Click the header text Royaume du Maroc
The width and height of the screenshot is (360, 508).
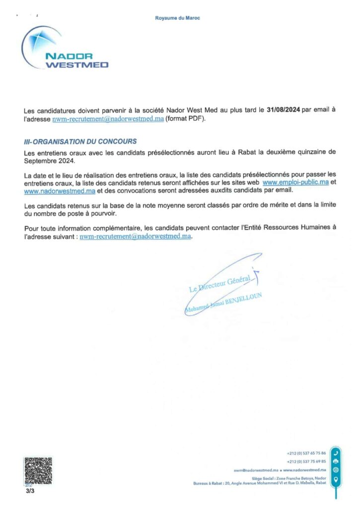click(x=178, y=18)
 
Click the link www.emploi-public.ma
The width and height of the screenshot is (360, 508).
click(x=295, y=183)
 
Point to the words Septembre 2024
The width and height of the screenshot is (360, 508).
click(x=49, y=160)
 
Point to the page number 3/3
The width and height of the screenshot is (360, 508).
click(x=30, y=491)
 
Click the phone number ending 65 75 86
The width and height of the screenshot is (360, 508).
click(x=306, y=453)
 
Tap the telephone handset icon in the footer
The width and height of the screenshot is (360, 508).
click(x=336, y=453)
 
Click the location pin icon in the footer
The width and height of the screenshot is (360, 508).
click(x=336, y=479)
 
